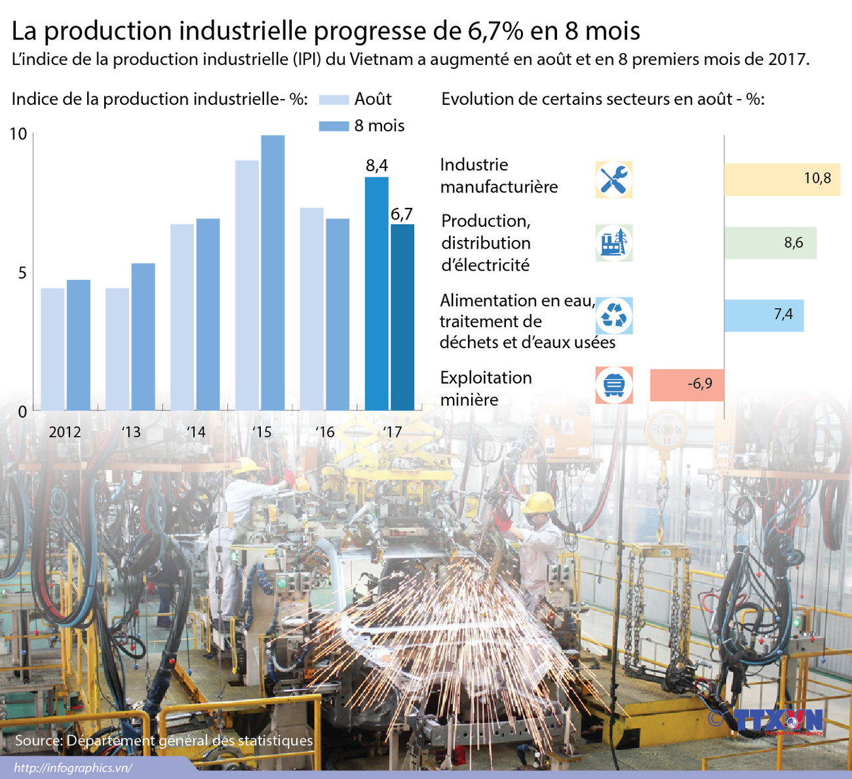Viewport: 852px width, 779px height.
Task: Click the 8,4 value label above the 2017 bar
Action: pos(377,165)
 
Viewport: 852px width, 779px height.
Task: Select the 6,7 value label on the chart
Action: pos(402,214)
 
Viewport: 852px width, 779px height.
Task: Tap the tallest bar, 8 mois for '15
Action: pos(273,273)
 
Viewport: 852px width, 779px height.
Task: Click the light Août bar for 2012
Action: pos(52,349)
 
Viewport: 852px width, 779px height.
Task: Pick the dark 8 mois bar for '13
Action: pos(143,336)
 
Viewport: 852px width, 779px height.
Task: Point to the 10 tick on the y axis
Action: pos(18,134)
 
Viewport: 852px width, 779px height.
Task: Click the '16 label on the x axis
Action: pos(325,432)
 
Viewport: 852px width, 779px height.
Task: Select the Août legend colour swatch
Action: pos(334,100)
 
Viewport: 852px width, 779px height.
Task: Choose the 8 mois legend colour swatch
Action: pos(334,126)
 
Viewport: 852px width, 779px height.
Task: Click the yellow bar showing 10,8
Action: pos(781,179)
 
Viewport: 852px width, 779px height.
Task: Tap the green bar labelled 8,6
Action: pos(769,243)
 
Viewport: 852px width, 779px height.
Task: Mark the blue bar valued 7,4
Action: pos(763,315)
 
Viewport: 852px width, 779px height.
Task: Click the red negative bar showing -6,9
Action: pos(686,384)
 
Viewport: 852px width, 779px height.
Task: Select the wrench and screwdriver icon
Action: pos(614,180)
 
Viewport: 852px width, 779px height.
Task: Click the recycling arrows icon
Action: pos(614,315)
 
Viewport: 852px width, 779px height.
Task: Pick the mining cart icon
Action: pos(614,385)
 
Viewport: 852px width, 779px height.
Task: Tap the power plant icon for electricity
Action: pos(614,243)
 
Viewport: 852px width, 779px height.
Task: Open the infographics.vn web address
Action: pos(73,768)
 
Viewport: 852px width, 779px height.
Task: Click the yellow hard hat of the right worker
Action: pos(539,503)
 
